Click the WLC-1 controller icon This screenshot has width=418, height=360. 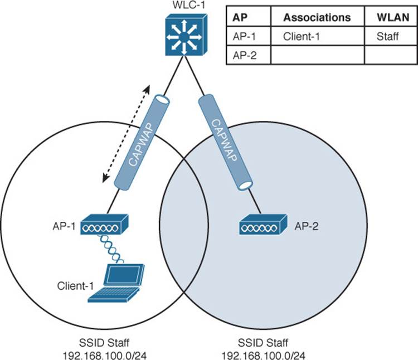[x=186, y=35]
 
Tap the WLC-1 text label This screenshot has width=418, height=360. [x=189, y=5]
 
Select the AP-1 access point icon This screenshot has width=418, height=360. [x=104, y=225]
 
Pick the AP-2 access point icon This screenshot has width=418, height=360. [x=264, y=225]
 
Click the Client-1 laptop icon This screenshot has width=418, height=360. [x=116, y=283]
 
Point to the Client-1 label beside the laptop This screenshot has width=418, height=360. [x=75, y=286]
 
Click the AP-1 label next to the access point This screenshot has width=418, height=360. [x=64, y=226]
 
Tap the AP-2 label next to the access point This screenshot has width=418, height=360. [x=307, y=226]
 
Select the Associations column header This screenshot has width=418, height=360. [x=317, y=17]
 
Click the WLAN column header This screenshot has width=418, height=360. [x=393, y=17]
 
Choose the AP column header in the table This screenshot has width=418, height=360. [x=240, y=17]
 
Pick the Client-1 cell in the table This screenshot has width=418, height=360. [x=301, y=36]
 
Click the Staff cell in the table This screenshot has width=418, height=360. [x=387, y=36]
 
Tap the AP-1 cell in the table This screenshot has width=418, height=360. [x=244, y=36]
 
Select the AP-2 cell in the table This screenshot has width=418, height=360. [x=245, y=55]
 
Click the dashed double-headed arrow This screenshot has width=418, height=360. [x=126, y=134]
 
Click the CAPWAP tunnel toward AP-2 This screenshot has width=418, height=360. [x=225, y=142]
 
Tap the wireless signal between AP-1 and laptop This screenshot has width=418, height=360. [x=111, y=249]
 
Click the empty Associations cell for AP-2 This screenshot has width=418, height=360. [x=318, y=55]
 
